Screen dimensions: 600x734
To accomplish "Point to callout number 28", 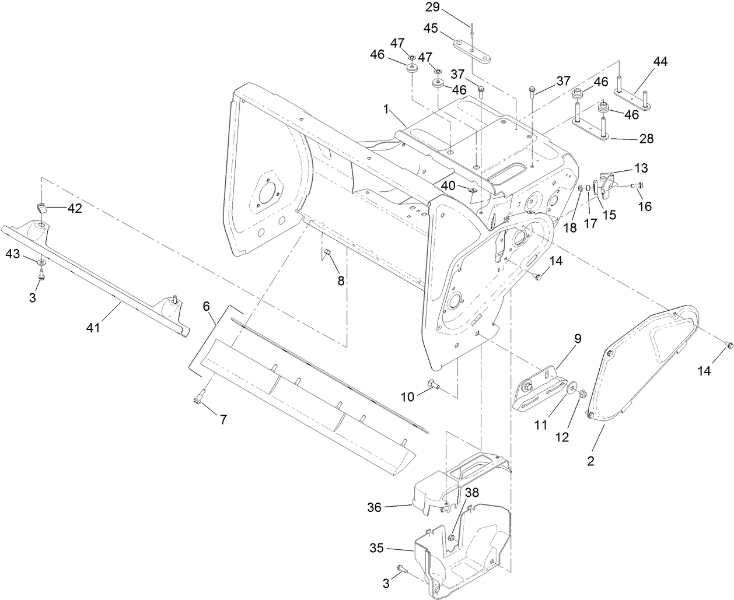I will (646, 138).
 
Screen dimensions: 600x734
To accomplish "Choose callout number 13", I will (641, 169).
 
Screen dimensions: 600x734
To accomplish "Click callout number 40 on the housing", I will (448, 184).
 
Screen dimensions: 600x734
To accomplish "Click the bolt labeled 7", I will (197, 399).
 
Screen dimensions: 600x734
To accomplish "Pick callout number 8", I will (341, 280).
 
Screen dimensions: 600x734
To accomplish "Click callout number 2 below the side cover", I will (590, 461).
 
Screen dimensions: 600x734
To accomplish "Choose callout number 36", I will (374, 507).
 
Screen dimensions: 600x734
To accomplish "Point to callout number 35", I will (378, 548).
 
